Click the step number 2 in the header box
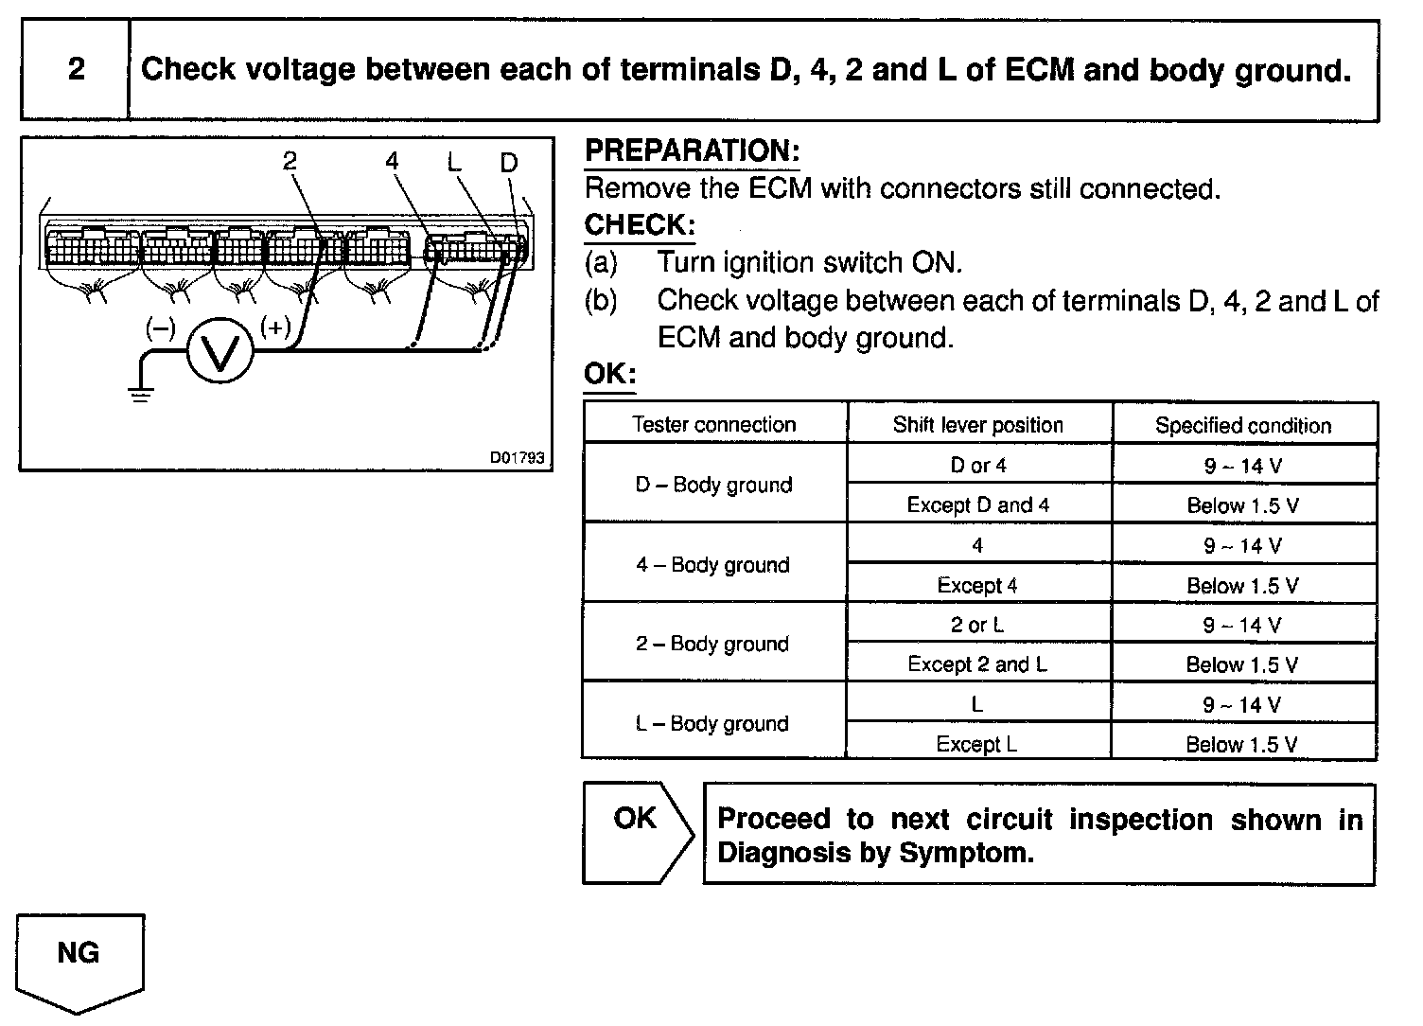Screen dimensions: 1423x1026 coord(76,69)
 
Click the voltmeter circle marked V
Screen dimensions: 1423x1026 coord(220,350)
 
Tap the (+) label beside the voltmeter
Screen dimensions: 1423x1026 coord(275,327)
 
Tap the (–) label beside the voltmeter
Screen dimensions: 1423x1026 coord(160,328)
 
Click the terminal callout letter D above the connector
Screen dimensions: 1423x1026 coord(509,163)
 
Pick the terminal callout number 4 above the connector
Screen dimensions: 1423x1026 coord(393,161)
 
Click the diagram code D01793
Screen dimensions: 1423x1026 coord(517,457)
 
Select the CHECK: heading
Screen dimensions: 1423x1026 coord(640,225)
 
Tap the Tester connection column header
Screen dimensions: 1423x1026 coord(714,424)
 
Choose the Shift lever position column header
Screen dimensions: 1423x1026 coord(978,425)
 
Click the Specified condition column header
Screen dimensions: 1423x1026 coord(1243,425)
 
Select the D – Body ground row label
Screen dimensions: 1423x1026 coord(713,485)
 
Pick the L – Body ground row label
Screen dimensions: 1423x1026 coord(711,723)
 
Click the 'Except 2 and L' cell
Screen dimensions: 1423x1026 coord(977,664)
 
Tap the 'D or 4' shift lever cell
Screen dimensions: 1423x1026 coord(978,465)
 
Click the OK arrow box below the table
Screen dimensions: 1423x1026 coord(637,831)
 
